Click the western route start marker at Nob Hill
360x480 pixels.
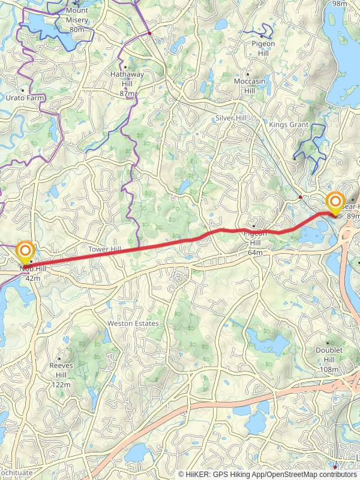pos(25,251)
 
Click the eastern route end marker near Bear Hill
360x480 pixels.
pos(334,202)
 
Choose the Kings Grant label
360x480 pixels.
pos(289,125)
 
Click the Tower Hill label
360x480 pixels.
pos(104,249)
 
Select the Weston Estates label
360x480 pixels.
pos(133,323)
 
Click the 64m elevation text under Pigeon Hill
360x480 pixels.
pos(256,253)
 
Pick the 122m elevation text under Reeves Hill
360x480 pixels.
pos(61,385)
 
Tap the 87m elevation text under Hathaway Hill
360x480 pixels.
pos(127,94)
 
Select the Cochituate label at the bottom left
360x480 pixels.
pos(16,473)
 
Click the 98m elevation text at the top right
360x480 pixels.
pos(340,4)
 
